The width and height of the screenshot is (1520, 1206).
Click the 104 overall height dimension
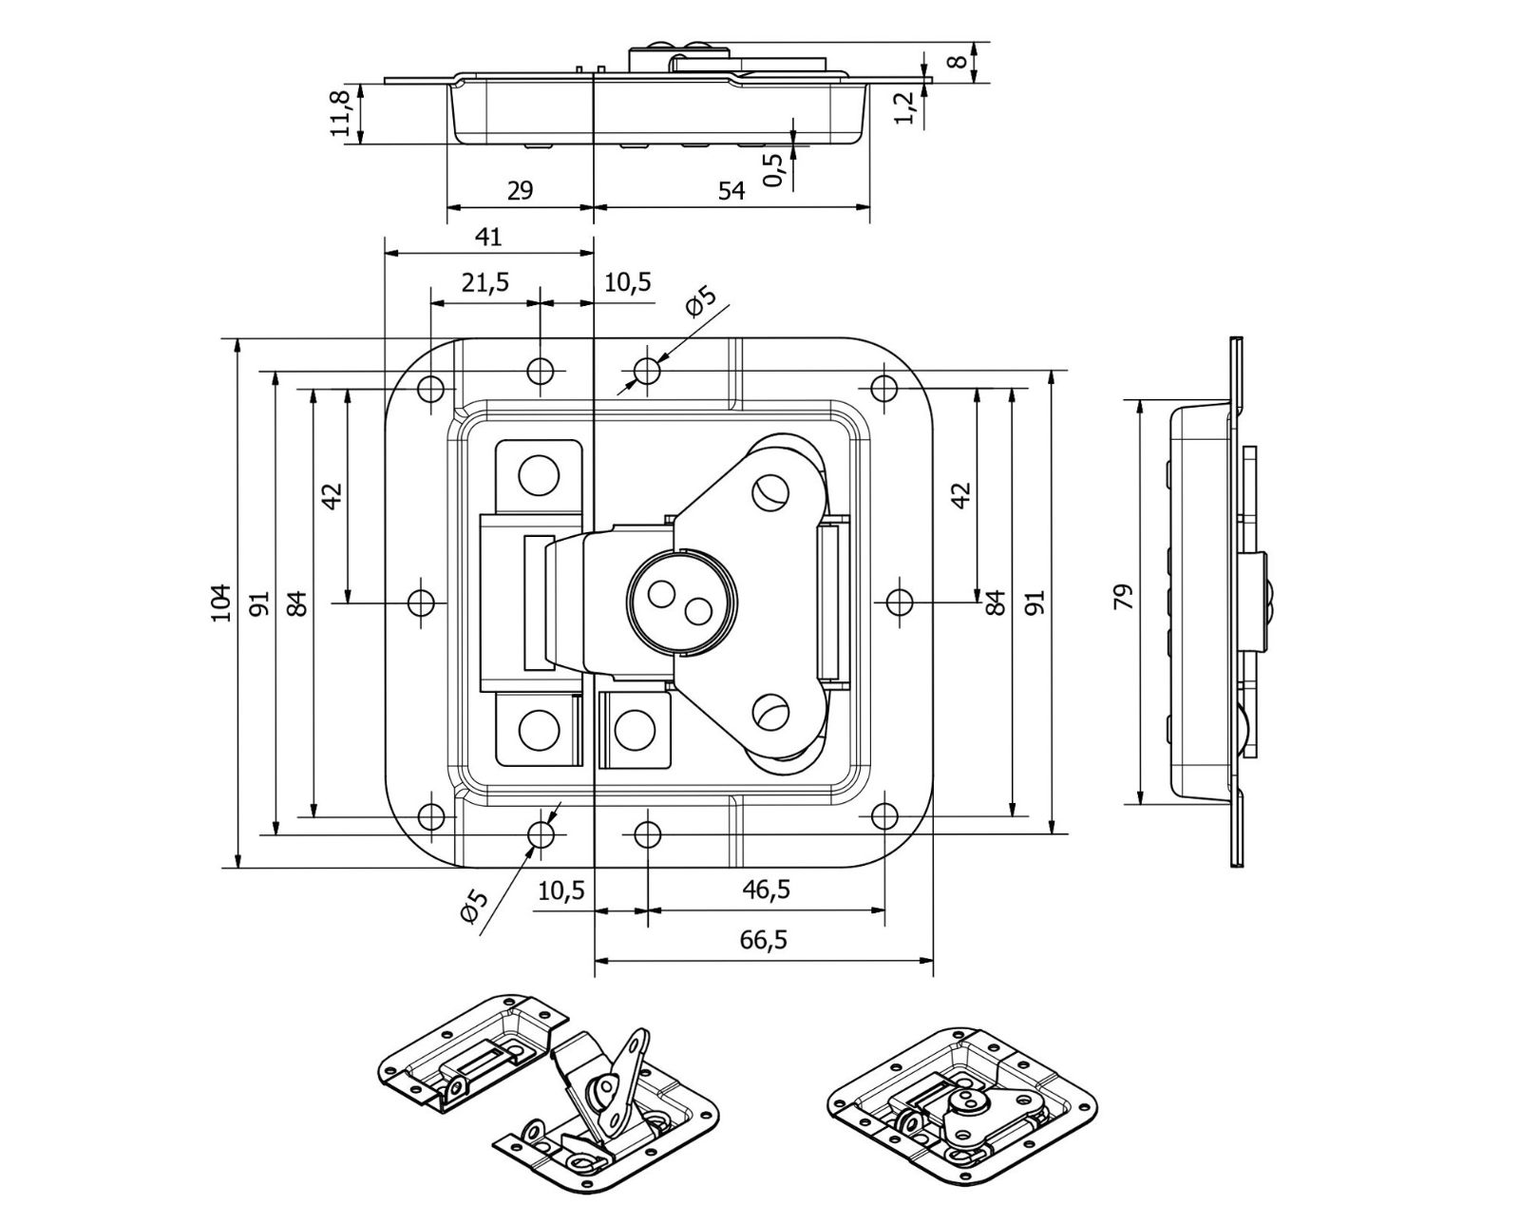tap(220, 603)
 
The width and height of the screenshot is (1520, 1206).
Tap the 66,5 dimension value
tap(762, 940)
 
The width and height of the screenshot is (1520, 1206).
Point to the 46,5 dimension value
tap(766, 890)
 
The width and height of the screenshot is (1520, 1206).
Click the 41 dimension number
tap(487, 237)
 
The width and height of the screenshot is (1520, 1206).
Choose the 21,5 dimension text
tap(485, 282)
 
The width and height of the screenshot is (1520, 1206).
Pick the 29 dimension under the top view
tap(520, 190)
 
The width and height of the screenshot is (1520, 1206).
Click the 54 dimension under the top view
tap(731, 190)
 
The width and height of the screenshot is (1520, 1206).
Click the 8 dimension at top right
tap(959, 61)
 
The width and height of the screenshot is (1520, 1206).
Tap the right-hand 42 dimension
tap(961, 494)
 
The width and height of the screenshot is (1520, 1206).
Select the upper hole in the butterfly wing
tap(770, 490)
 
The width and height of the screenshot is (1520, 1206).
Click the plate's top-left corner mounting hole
tap(431, 388)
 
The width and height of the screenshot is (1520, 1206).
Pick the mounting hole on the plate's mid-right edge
tap(899, 602)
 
